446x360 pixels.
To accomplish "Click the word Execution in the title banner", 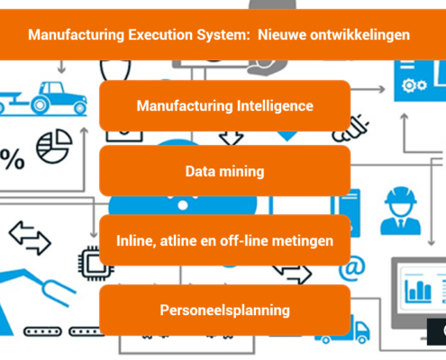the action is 160,35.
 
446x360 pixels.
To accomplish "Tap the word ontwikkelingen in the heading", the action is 360,35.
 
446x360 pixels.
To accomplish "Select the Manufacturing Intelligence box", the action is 225,105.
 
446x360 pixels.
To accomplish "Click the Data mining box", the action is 225,171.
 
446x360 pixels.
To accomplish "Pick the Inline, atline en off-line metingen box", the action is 225,240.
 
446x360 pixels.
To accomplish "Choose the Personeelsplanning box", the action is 225,310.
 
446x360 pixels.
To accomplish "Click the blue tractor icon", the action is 43,98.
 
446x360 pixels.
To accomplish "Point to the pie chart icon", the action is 54,146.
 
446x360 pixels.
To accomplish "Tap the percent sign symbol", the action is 12,159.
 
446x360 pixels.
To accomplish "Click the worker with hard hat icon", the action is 401,211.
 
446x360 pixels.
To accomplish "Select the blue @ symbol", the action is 352,267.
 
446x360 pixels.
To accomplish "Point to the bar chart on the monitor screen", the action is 418,291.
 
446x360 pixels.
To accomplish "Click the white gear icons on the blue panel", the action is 414,85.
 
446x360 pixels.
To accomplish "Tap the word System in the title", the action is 223,35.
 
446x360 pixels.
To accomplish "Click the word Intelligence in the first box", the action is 275,106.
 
